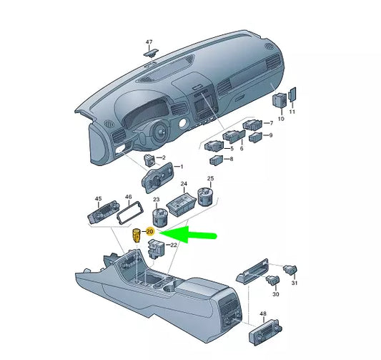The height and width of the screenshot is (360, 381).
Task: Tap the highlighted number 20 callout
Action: click(150, 232)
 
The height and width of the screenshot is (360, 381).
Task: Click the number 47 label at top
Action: click(149, 42)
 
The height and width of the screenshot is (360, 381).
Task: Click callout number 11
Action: click(292, 113)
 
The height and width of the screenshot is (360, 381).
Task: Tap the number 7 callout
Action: click(271, 123)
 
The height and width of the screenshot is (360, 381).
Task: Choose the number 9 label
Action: click(271, 135)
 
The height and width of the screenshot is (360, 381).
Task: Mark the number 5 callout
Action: click(231, 148)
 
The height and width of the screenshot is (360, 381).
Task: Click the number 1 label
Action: click(181, 167)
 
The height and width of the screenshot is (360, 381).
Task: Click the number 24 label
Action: click(184, 185)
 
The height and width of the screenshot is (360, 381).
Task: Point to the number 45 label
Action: click(98, 200)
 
